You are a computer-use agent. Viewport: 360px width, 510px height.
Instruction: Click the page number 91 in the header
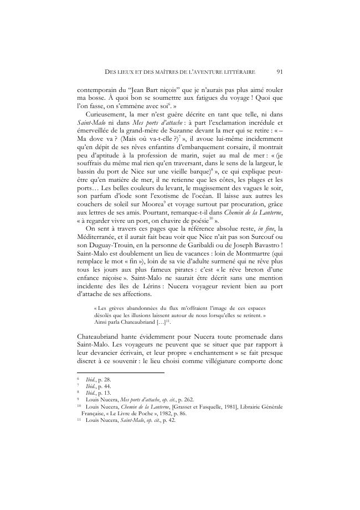coord(279,71)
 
